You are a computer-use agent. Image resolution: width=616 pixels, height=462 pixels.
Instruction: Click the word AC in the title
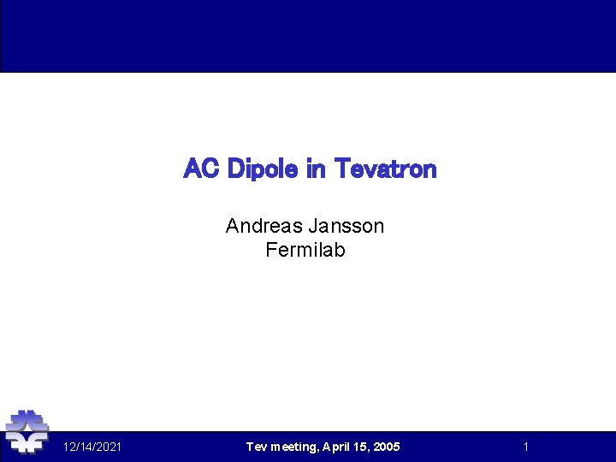[x=202, y=169]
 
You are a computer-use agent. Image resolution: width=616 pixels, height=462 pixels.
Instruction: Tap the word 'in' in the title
[x=316, y=169]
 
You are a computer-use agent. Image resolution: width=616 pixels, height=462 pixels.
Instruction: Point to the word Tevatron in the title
[x=385, y=169]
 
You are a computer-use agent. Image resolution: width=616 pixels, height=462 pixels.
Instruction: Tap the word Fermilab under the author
[x=305, y=251]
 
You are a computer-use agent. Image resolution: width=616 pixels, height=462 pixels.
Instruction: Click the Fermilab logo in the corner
[x=27, y=432]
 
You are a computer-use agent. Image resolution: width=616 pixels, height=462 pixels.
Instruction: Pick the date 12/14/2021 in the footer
[x=92, y=447]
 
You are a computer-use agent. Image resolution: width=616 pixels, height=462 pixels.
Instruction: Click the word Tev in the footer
[x=256, y=447]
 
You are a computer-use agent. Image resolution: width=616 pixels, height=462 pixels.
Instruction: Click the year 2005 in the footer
[x=387, y=447]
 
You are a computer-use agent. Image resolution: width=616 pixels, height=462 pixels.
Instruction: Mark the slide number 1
[x=526, y=447]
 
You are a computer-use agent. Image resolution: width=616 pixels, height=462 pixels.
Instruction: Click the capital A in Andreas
[x=232, y=226]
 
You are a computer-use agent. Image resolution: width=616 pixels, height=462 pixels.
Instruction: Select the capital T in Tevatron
[x=341, y=169]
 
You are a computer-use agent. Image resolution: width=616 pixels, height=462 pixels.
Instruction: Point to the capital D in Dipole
[x=235, y=169]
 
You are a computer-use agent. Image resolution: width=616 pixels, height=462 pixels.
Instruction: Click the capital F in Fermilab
[x=271, y=251]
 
